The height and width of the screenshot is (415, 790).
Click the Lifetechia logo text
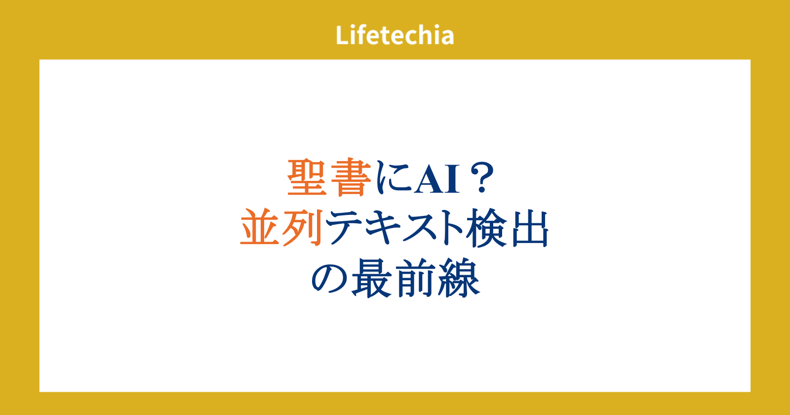point(395,35)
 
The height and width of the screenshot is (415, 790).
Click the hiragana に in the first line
point(394,177)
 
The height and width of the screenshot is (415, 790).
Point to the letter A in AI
point(429,179)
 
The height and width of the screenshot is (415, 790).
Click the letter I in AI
point(452,179)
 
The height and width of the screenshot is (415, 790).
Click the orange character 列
point(303,228)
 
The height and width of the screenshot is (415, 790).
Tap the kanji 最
point(372,278)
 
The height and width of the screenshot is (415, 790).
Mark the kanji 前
point(415,278)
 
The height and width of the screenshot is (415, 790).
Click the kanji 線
point(459,278)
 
